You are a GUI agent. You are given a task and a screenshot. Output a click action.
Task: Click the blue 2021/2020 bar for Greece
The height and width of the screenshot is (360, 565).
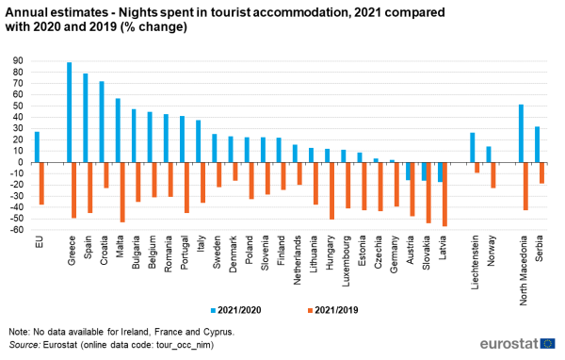click(x=69, y=112)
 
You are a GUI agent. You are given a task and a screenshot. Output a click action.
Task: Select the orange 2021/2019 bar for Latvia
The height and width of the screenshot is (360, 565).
click(x=444, y=194)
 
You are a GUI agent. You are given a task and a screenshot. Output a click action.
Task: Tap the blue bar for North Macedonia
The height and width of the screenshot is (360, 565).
click(x=521, y=133)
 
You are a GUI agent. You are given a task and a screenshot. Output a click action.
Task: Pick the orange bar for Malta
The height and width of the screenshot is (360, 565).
click(x=122, y=192)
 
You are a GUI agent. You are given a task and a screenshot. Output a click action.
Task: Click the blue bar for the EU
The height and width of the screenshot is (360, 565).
click(x=37, y=147)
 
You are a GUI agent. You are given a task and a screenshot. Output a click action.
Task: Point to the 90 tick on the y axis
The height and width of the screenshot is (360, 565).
click(x=17, y=60)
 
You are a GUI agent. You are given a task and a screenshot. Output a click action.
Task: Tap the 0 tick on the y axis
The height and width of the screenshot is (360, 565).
click(x=20, y=162)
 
